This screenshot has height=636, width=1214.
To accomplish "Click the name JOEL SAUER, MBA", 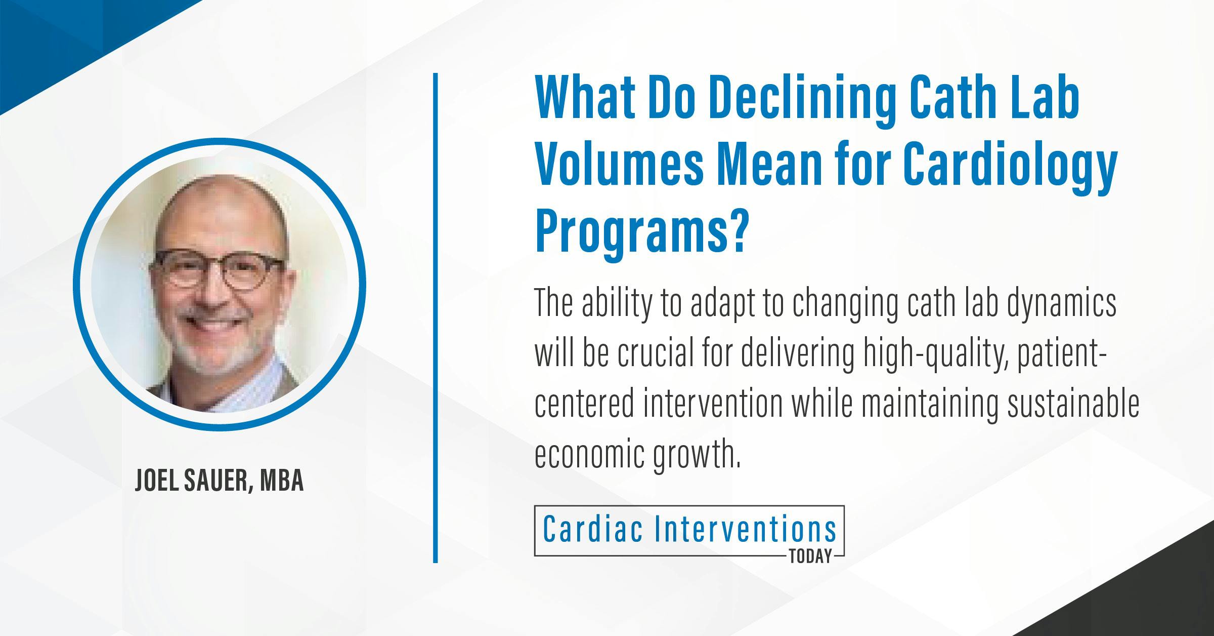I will click(219, 482).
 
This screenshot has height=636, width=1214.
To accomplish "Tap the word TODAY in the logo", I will click(810, 557).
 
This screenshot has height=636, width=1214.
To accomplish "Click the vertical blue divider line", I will click(435, 318).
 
